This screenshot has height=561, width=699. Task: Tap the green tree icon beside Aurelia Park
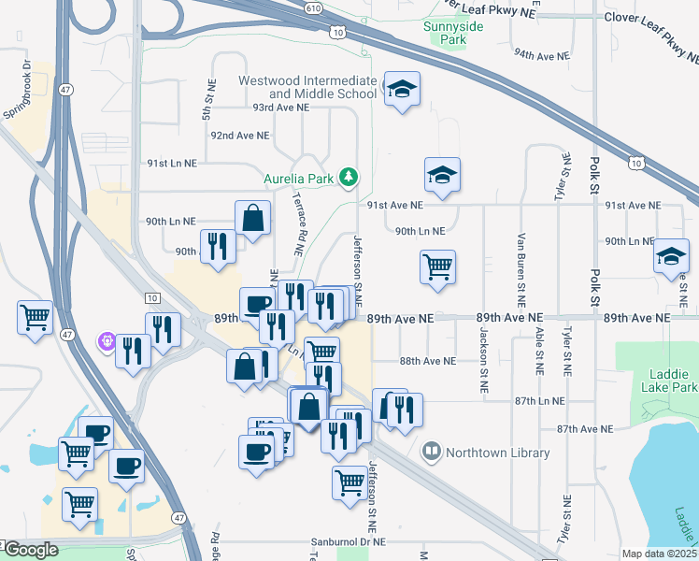click(349, 176)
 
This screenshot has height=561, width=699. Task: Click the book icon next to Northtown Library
click(431, 453)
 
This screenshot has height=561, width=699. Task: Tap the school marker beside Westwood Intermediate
click(402, 90)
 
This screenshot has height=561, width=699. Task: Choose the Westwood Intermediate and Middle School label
click(307, 87)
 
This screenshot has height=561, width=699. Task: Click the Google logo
click(30, 550)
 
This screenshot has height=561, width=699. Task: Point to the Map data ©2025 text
click(658, 554)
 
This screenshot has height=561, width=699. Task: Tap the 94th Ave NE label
click(542, 56)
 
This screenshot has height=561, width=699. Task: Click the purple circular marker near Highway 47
click(107, 341)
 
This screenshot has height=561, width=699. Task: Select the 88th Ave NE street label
click(427, 361)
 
